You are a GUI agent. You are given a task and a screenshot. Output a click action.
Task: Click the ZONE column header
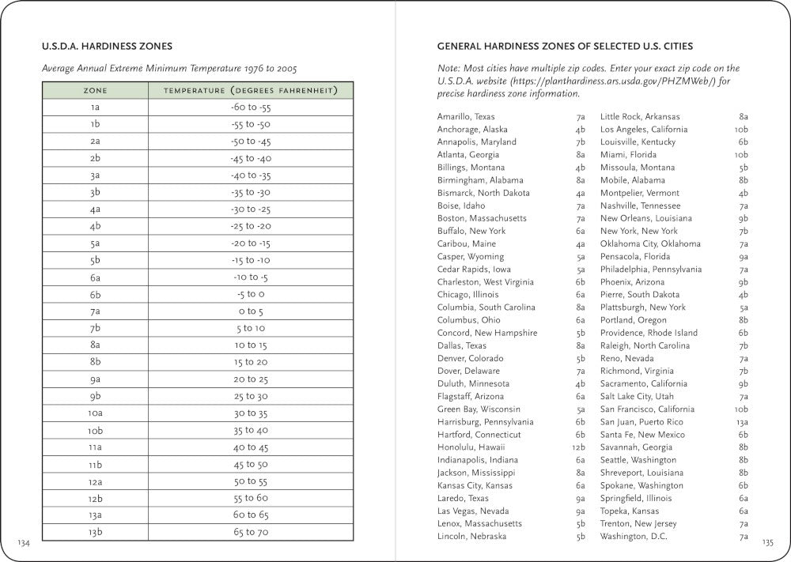95,91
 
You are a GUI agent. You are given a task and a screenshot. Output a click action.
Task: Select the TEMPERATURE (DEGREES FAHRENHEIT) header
251,91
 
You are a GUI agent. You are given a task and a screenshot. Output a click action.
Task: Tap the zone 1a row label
95,107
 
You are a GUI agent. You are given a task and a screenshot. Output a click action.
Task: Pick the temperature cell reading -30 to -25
251,209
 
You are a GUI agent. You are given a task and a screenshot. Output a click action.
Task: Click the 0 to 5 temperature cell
251,311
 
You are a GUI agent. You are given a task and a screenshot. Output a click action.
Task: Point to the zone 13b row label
95,532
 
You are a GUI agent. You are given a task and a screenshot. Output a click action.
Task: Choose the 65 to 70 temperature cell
251,532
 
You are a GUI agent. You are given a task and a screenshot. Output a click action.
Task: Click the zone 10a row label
95,413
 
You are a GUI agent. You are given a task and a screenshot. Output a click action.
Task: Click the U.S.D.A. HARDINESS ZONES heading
107,46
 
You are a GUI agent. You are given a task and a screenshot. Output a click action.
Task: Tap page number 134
24,542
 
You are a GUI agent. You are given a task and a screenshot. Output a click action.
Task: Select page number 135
767,542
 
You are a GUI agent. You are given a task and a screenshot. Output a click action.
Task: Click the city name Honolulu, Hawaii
471,447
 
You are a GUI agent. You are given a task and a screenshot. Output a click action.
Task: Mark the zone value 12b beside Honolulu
579,447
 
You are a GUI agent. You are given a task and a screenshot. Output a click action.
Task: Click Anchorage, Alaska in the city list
472,129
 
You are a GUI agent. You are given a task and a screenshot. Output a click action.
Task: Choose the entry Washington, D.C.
634,537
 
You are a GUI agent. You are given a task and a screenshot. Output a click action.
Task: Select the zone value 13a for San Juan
741,422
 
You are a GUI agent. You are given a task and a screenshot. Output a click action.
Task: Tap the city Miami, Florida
628,154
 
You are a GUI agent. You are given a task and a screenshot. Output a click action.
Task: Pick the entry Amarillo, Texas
466,116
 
